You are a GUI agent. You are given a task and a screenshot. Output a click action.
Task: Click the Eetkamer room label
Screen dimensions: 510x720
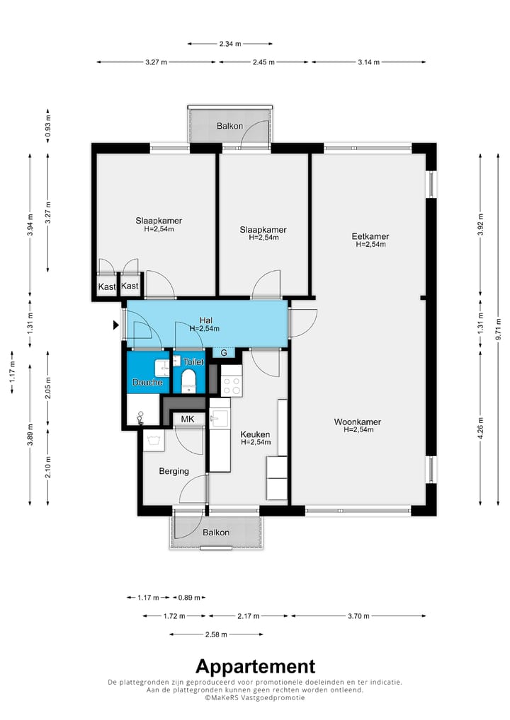tap(370, 236)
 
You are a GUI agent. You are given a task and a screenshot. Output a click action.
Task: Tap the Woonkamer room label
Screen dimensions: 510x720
tap(357, 422)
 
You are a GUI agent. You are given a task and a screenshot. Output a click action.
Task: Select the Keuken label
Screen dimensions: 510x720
tap(255, 434)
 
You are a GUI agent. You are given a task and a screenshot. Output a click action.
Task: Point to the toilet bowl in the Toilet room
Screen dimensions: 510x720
tap(188, 382)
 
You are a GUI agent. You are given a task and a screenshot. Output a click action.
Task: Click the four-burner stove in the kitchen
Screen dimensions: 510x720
tap(231, 381)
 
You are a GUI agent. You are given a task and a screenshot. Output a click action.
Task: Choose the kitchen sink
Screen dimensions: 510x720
tap(220, 419)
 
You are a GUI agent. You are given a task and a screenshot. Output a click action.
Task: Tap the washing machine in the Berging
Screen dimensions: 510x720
tap(153, 441)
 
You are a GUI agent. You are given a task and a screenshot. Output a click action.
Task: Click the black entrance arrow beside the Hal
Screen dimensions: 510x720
tap(116, 325)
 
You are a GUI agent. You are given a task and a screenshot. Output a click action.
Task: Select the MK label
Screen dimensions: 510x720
tap(188, 419)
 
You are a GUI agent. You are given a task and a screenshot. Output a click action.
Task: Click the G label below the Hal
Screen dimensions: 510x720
tap(224, 353)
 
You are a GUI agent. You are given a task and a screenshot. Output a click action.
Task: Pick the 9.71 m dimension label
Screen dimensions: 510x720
tap(499, 330)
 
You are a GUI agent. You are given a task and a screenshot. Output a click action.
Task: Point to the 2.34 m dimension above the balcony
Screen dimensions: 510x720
tap(230, 44)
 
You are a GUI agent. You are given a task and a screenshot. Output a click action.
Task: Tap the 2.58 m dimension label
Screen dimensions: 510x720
tap(216, 634)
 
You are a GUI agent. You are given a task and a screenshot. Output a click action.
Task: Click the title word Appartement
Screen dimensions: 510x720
tap(255, 667)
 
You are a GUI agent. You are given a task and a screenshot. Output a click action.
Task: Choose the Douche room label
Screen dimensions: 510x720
tap(147, 383)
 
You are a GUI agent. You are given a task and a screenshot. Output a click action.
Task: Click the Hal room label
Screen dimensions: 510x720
tap(205, 320)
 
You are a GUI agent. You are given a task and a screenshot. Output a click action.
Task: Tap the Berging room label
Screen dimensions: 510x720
tap(174, 472)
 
